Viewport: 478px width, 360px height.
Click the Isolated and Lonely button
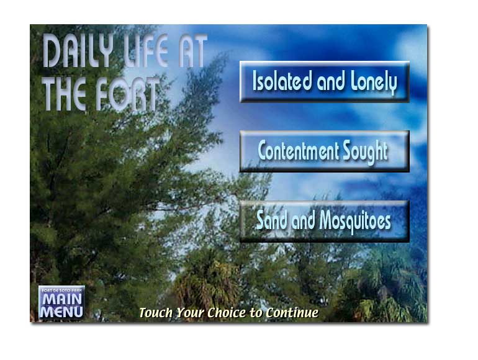324,82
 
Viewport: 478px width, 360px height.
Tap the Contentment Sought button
324,151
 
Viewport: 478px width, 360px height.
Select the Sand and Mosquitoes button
324,222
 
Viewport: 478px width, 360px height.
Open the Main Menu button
61,302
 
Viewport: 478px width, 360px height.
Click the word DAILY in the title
78,51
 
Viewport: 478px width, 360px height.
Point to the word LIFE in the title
147,51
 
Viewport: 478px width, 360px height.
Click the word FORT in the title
128,94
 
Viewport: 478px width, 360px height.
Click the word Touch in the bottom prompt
156,313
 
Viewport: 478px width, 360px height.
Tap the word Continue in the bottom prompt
292,313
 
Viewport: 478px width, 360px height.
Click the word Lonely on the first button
374,83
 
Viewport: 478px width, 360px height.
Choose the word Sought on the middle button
365,152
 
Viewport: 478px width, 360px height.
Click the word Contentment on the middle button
298,151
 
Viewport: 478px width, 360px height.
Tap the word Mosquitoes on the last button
355,222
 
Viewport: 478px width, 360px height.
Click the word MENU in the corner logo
61,312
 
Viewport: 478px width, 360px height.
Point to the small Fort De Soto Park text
61,290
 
